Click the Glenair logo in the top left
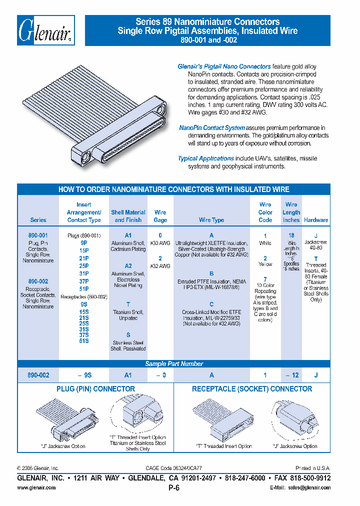click(x=46, y=30)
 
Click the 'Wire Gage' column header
click(x=160, y=216)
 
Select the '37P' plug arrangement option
click(x=84, y=281)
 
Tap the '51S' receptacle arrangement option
click(x=84, y=341)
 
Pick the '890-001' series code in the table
click(x=38, y=235)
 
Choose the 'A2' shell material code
click(x=128, y=266)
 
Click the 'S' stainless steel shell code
click(x=128, y=335)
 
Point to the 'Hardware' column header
click(x=316, y=220)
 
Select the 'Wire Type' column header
click(x=211, y=220)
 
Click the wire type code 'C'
click(x=211, y=304)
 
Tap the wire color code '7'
click(x=265, y=279)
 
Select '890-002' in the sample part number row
click(x=38, y=375)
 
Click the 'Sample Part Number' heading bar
click(x=174, y=364)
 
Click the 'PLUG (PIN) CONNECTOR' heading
click(x=95, y=389)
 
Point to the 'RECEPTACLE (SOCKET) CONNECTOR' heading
click(x=252, y=389)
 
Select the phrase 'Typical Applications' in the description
click(x=205, y=158)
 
